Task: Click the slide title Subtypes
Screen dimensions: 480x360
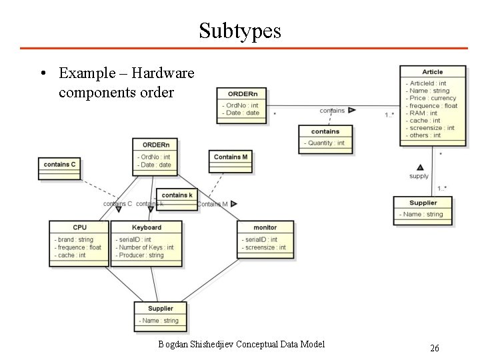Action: pyautogui.click(x=240, y=30)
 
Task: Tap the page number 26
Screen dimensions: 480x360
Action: pyautogui.click(x=434, y=348)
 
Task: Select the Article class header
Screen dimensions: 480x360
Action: pyautogui.click(x=432, y=72)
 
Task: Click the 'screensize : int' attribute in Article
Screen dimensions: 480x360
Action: pyautogui.click(x=432, y=128)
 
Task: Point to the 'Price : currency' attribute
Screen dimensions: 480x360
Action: pyautogui.click(x=433, y=98)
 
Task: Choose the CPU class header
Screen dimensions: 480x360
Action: pyautogui.click(x=79, y=227)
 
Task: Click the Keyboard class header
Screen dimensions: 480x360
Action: pyautogui.click(x=147, y=227)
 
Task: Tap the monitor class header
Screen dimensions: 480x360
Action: pyautogui.click(x=265, y=227)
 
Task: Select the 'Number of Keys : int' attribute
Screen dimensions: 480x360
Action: pyautogui.click(x=147, y=247)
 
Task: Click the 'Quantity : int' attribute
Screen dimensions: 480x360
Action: pyautogui.click(x=326, y=143)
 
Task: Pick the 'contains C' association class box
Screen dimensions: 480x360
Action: pyautogui.click(x=59, y=164)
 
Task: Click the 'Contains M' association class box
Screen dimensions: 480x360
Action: pyautogui.click(x=231, y=157)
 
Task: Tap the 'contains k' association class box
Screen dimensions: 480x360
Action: pyautogui.click(x=177, y=195)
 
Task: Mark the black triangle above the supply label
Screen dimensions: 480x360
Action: pyautogui.click(x=420, y=167)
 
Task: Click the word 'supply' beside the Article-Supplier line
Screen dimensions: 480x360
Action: pyautogui.click(x=419, y=176)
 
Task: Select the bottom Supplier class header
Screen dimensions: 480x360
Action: pyautogui.click(x=160, y=309)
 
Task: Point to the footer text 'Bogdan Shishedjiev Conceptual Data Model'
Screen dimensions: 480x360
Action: pyautogui.click(x=241, y=344)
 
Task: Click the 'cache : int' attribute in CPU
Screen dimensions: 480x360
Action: pyautogui.click(x=72, y=255)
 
